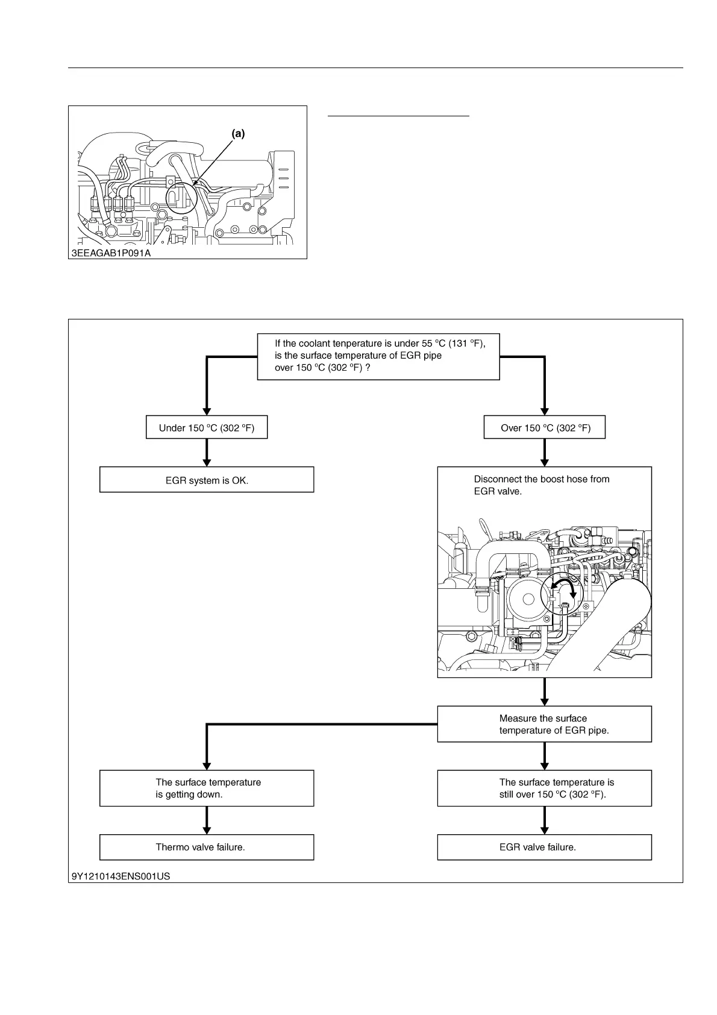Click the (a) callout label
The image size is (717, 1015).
pos(239,134)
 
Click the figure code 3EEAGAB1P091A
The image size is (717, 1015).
pos(111,253)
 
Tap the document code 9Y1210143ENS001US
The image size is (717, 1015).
pos(121,876)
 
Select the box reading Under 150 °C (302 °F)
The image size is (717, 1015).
pos(207,428)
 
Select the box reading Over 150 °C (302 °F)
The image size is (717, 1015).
pos(545,428)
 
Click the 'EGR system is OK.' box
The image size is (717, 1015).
pos(207,480)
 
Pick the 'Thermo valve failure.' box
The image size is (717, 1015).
pos(207,847)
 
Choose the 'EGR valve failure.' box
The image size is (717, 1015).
pos(544,847)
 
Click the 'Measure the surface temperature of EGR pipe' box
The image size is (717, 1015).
pos(544,724)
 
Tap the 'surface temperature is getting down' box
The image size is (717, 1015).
pos(207,788)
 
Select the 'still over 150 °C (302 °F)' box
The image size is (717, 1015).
pos(544,788)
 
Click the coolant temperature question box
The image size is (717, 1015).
pos(378,356)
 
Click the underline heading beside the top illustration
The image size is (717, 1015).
pos(398,114)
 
